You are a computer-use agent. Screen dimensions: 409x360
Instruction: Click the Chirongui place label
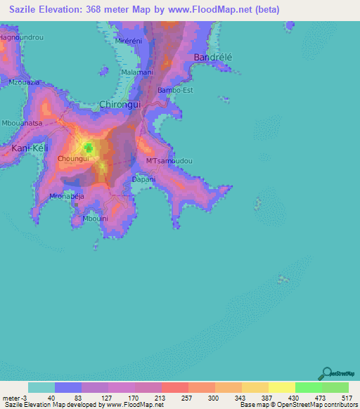[120, 104]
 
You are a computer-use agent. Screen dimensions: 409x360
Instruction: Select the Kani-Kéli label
[29, 148]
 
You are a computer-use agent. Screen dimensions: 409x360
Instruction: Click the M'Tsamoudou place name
[169, 161]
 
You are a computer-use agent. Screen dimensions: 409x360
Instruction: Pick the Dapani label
[143, 179]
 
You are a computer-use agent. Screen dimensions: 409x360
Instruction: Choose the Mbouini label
[95, 219]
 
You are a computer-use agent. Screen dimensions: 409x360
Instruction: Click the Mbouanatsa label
[22, 123]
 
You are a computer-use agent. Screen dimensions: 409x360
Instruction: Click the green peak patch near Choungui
[89, 147]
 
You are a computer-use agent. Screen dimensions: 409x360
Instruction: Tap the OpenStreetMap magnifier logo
[326, 373]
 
